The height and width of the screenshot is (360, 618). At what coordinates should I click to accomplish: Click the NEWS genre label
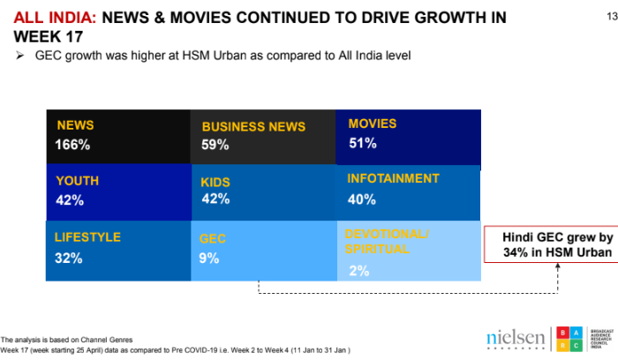tap(75, 125)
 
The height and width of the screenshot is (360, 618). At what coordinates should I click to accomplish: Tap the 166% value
tap(72, 145)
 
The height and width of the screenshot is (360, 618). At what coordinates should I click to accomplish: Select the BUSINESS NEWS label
tap(253, 127)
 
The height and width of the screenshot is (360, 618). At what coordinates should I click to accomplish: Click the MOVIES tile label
tap(373, 124)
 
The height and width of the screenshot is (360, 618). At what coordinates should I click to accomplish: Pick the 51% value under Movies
tap(362, 143)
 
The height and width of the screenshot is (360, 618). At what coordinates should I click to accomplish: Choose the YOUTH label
tap(77, 180)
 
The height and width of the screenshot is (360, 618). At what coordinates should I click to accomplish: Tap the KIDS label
tap(215, 182)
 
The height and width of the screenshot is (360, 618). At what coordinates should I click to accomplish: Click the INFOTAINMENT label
tap(393, 178)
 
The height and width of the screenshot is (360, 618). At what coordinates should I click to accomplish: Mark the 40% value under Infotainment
tap(362, 199)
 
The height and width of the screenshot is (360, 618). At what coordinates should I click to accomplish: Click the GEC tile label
tap(214, 239)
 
